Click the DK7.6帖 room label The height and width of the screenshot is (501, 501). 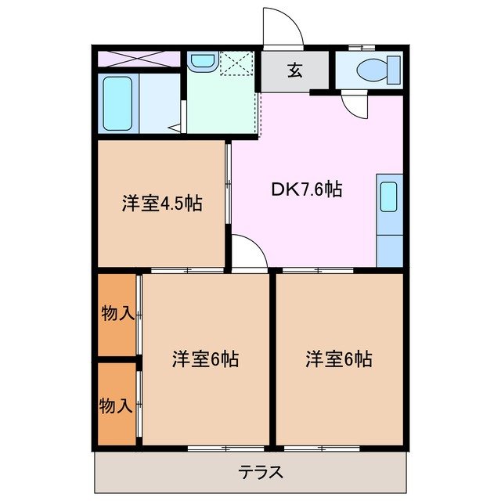306,189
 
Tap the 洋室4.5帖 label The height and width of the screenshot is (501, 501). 162,204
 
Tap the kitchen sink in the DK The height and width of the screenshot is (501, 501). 389,196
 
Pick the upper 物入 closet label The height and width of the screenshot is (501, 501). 117,314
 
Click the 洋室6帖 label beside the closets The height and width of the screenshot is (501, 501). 205,359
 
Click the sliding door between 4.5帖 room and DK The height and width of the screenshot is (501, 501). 229,184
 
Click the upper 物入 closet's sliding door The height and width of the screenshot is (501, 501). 139,315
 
